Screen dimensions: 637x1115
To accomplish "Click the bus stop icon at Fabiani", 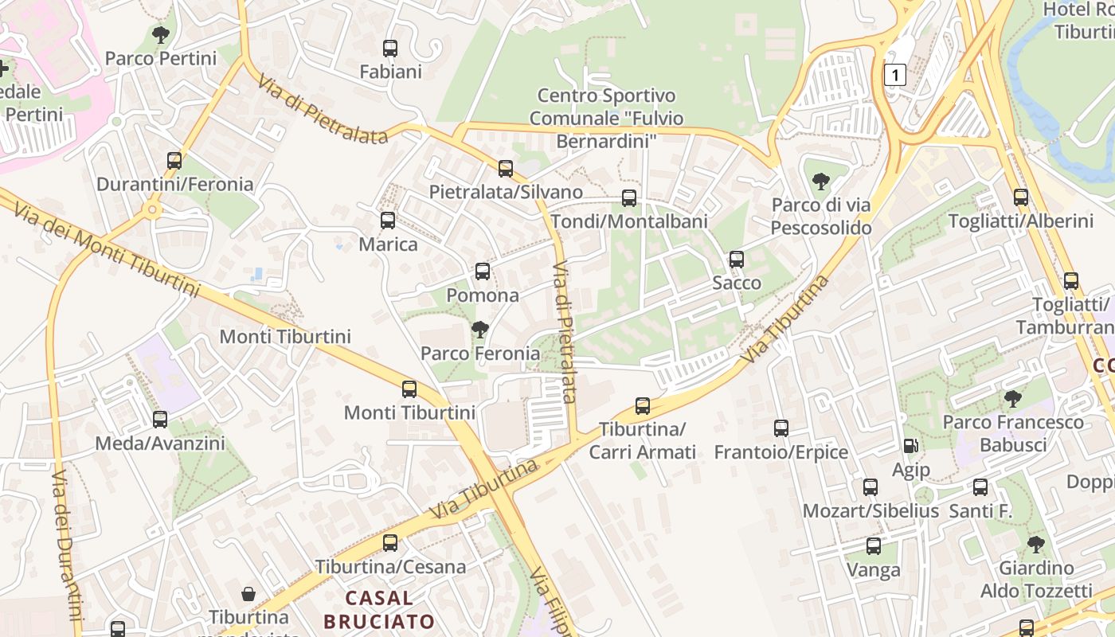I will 390,49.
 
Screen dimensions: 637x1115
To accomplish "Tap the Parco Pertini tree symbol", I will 161,35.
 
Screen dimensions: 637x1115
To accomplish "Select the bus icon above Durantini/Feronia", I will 174,161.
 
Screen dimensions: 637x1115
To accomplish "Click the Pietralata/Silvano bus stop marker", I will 506,169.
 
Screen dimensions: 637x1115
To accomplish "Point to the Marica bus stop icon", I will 388,221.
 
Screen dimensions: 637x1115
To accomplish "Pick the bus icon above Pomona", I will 483,272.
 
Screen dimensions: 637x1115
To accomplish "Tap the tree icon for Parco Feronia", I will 479,329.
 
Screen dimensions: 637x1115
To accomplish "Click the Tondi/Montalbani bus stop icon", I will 629,198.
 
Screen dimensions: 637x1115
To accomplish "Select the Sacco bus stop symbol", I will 737,260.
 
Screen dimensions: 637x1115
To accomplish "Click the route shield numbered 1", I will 895,75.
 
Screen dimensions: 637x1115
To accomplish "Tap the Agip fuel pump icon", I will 910,447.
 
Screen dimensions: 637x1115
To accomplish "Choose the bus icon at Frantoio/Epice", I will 781,428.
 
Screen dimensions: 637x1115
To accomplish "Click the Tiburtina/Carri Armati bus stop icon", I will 643,406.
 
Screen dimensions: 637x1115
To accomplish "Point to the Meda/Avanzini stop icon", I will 160,420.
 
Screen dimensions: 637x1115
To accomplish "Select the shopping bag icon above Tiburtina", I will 248,594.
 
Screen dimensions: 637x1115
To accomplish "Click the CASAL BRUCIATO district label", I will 380,609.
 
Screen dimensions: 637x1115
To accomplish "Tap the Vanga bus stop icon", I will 874,546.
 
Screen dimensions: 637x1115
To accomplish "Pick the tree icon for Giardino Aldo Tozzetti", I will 1035,545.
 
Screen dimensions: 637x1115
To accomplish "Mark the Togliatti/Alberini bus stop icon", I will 1021,197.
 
